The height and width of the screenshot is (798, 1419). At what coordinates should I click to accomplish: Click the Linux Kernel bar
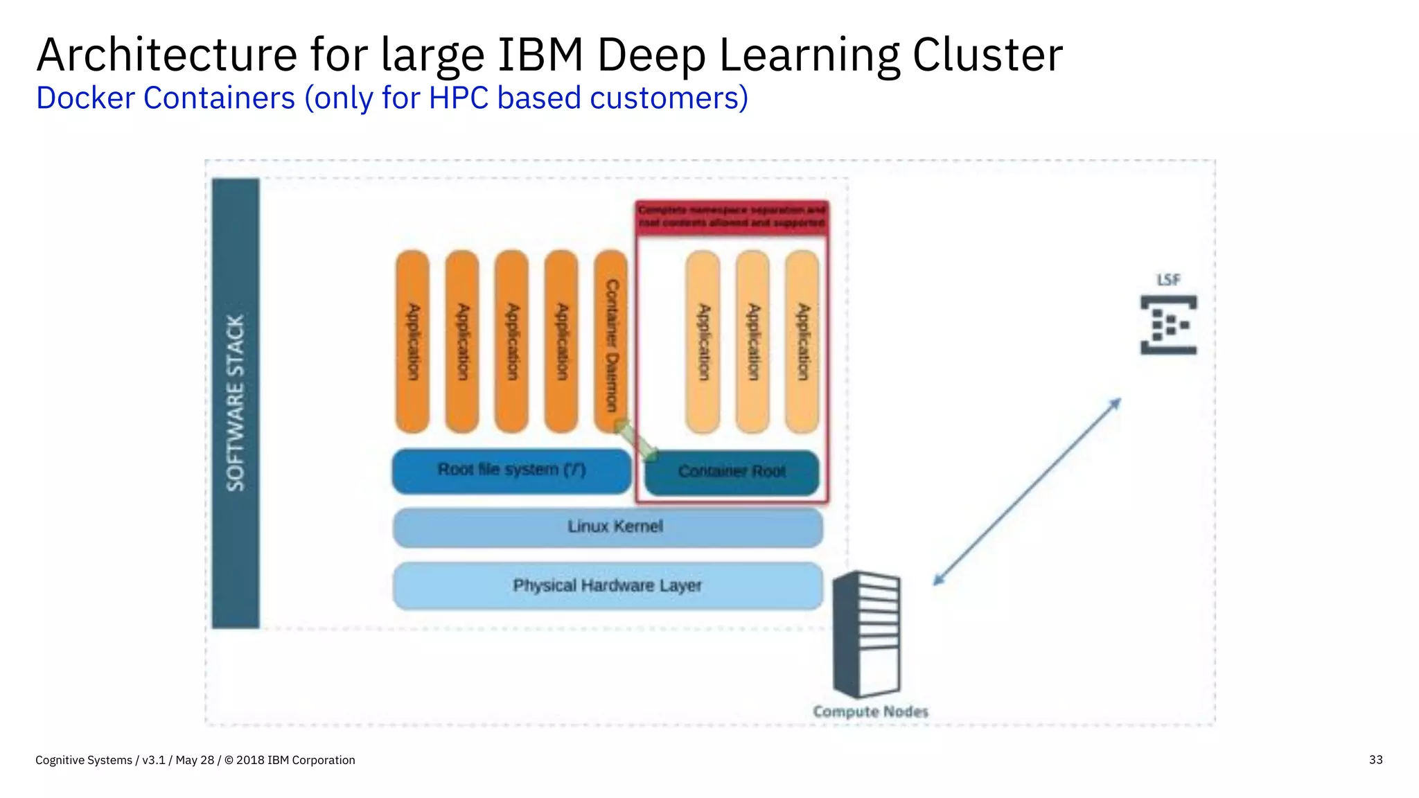(608, 527)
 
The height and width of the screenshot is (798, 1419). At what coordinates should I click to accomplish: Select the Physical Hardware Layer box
(608, 586)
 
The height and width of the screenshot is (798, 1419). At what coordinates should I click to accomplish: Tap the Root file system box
(511, 471)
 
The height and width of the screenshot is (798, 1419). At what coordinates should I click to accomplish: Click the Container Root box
(732, 472)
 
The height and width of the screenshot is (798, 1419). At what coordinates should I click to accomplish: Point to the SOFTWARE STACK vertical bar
(236, 403)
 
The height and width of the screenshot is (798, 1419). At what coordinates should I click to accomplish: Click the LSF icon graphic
(1168, 325)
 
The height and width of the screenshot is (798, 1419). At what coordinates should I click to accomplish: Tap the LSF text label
(1168, 280)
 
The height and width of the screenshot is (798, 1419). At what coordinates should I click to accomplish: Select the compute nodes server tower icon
(867, 634)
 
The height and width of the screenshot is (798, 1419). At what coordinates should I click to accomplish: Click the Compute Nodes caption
(870, 711)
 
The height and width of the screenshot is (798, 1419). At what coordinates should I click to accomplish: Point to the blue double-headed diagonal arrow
(1027, 492)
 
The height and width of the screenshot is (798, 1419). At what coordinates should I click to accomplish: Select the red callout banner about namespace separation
(732, 216)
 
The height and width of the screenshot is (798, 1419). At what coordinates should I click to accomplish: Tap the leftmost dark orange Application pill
(412, 342)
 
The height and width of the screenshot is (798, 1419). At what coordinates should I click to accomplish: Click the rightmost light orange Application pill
(802, 342)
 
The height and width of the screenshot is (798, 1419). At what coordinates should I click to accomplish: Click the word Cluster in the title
(987, 55)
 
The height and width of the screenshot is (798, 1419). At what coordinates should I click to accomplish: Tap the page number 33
(1375, 760)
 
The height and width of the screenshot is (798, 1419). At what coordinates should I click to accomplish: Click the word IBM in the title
(540, 55)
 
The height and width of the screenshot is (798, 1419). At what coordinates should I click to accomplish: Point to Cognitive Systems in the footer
(83, 760)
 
